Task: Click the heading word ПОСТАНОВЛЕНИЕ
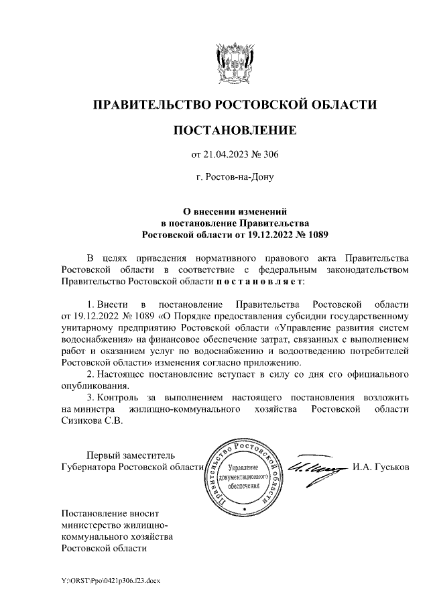coord(234,130)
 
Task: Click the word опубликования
coord(91,385)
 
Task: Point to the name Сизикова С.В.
coord(92,422)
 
